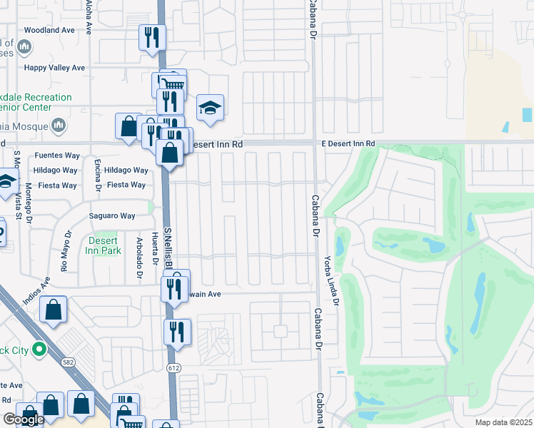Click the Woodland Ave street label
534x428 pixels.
[x=49, y=31]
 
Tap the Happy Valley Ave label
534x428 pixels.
[x=55, y=68]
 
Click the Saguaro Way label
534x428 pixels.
[x=112, y=216]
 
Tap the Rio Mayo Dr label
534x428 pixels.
[x=66, y=251]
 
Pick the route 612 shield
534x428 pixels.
[x=173, y=368]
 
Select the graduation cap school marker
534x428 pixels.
[x=210, y=108]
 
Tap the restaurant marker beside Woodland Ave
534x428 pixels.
[x=151, y=37]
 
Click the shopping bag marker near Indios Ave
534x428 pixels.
[x=54, y=310]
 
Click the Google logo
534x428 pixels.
[x=24, y=419]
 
